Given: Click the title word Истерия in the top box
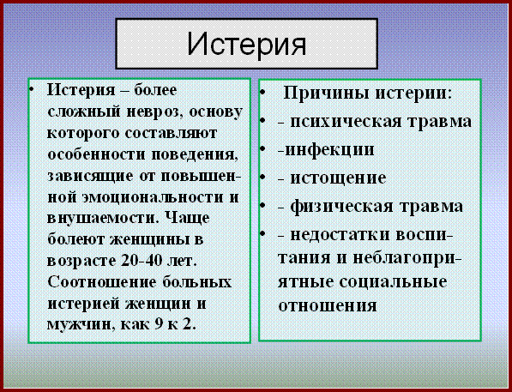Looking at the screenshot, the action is [x=247, y=44].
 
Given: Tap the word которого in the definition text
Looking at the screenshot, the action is [x=82, y=134].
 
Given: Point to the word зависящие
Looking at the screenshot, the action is [x=90, y=177].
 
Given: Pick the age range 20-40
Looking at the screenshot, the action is [x=142, y=261].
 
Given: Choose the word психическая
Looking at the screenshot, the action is [x=346, y=122].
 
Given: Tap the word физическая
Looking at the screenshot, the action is [x=341, y=207].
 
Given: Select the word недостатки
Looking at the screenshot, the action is [x=340, y=235].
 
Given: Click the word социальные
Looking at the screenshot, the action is [x=393, y=282].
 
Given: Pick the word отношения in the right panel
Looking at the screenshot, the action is [x=328, y=306].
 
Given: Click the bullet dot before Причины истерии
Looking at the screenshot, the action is [x=263, y=92].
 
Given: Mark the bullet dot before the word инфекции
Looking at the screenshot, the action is [x=263, y=148].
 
